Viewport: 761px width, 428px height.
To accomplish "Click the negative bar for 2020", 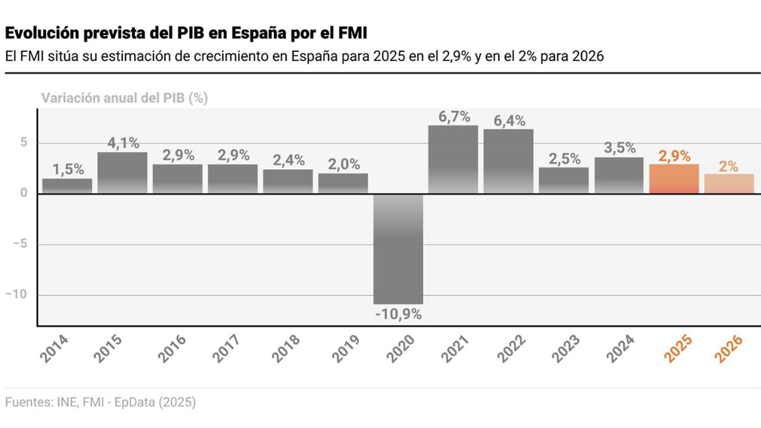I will coord(398,249).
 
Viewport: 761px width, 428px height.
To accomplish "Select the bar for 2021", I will coord(453,159).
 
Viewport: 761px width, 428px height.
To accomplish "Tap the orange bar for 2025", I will coord(674,179).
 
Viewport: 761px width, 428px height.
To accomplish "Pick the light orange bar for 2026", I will coord(729,183).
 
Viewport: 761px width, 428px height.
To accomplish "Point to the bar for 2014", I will coord(67,186).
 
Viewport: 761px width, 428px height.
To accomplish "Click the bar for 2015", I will coord(122,172).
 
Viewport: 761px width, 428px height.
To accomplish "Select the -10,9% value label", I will coord(398,314).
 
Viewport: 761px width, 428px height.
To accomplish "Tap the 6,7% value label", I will coord(453,117).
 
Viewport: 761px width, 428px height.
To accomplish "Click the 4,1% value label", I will coord(122,143).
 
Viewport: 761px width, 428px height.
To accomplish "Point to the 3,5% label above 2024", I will coord(620,148).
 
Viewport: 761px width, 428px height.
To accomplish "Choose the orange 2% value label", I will coord(729,166).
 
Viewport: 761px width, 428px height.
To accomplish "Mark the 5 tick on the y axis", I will coord(23,143).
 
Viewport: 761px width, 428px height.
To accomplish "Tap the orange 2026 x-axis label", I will coord(729,348).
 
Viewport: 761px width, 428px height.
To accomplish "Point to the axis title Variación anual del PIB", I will coord(125,98).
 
